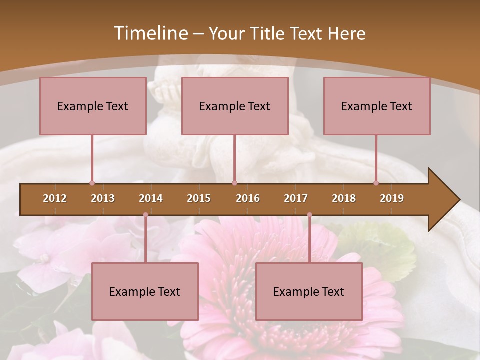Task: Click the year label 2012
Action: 55,198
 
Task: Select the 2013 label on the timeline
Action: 103,198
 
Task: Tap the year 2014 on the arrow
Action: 151,198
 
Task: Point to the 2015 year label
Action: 199,198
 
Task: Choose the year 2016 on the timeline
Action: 248,198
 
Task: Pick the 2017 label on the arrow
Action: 296,198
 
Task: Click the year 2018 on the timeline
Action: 344,198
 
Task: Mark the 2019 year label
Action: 392,198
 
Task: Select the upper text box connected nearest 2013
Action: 93,106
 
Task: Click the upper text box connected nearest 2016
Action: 235,106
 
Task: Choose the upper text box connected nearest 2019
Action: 377,106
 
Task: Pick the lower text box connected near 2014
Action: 145,291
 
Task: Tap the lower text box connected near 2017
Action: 309,291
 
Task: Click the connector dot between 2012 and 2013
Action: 92,183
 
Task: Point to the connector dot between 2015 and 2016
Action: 234,183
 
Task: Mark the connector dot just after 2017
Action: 309,215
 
